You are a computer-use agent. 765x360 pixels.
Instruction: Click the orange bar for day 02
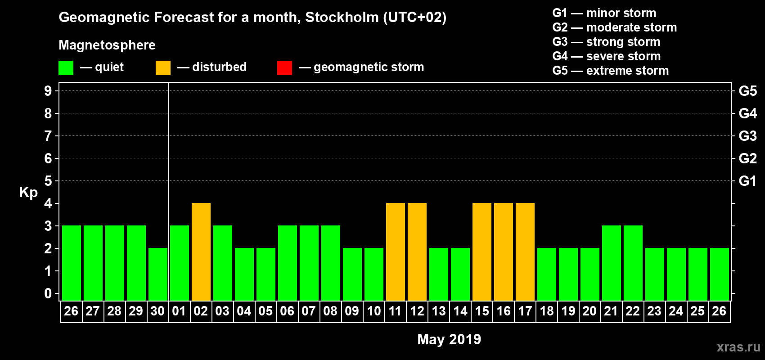tap(201, 252)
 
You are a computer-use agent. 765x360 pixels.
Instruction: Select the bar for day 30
tap(158, 274)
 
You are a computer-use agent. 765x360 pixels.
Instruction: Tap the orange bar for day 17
tap(525, 252)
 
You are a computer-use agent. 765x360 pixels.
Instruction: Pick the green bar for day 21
tap(612, 263)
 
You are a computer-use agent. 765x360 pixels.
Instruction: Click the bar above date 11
tap(396, 252)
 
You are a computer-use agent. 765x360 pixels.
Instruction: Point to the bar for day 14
tap(460, 274)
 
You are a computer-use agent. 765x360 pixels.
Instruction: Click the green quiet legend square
tap(66, 68)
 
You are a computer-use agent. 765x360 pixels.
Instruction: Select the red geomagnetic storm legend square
tap(284, 68)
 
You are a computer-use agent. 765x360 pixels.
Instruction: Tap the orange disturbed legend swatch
tap(163, 68)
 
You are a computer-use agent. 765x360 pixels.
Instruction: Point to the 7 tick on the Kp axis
tap(48, 136)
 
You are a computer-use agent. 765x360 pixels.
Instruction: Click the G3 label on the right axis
tap(747, 136)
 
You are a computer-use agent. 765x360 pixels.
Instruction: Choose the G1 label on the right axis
tap(747, 181)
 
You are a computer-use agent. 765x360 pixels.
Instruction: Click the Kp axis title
tap(28, 193)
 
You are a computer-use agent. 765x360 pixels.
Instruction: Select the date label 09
tap(352, 311)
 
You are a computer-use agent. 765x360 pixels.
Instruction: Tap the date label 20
tap(589, 311)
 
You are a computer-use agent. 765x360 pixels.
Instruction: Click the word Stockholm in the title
tap(342, 18)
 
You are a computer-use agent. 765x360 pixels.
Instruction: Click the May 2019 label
tap(449, 339)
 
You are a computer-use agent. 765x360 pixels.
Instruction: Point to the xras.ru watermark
tap(738, 347)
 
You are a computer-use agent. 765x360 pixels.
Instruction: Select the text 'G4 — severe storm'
tap(606, 56)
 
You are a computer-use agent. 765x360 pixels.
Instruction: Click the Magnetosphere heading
tap(107, 45)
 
